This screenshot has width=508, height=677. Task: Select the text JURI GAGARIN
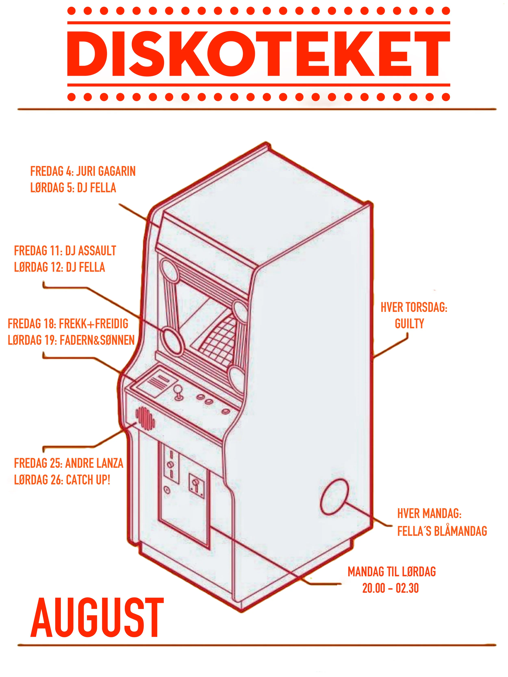[x=106, y=171]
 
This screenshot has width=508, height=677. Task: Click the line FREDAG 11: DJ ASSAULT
[x=65, y=251]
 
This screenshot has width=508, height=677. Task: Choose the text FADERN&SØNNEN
[x=97, y=340]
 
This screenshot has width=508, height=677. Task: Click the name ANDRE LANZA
[x=95, y=463]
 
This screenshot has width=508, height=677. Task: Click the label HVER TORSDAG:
[x=414, y=308]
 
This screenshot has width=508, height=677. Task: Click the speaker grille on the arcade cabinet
[x=145, y=418]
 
